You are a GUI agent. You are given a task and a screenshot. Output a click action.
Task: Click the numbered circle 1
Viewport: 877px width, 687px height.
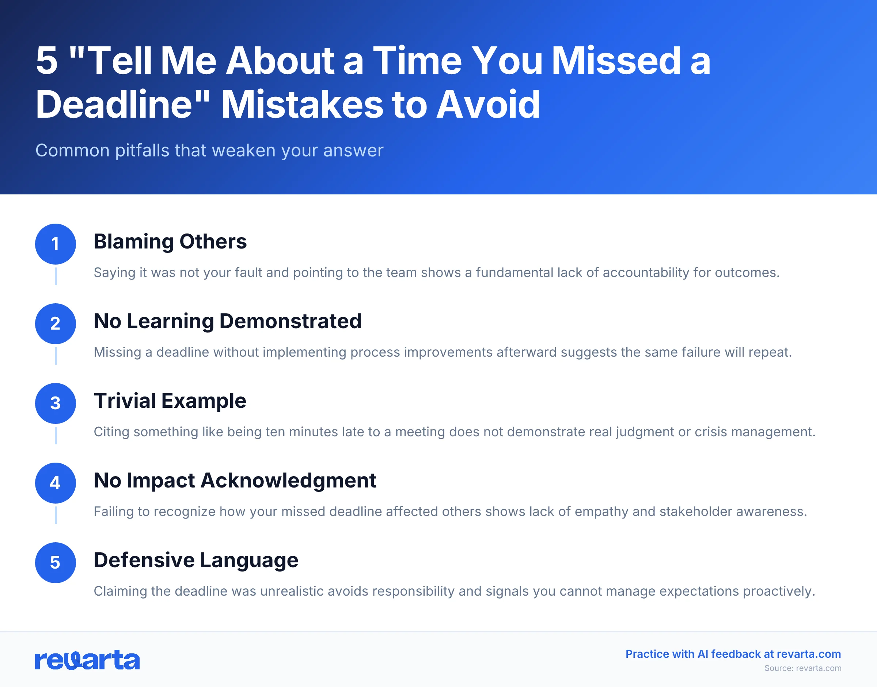point(56,244)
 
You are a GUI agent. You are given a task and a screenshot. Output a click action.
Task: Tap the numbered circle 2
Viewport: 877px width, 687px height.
point(56,323)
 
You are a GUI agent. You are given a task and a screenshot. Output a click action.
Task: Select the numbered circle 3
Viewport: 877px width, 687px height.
point(56,403)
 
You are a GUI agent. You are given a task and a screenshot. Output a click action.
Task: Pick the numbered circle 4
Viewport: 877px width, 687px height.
point(56,483)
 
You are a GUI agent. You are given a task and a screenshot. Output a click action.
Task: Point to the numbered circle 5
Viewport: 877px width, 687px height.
point(56,562)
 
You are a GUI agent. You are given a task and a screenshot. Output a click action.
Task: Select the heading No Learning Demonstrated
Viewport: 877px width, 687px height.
point(228,321)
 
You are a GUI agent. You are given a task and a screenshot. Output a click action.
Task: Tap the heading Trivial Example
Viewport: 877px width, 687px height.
point(170,401)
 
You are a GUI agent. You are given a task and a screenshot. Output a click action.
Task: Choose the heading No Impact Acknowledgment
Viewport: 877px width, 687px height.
point(235,480)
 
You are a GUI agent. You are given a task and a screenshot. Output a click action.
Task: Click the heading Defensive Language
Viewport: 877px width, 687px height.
point(196,560)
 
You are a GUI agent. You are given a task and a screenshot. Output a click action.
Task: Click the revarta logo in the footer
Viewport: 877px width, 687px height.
point(87,660)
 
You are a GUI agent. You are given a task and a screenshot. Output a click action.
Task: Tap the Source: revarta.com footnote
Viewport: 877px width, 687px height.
point(802,668)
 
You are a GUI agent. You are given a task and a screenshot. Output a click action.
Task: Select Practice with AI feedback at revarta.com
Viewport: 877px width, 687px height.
point(733,654)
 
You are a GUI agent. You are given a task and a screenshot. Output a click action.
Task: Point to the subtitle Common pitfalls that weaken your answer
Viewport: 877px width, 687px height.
point(209,151)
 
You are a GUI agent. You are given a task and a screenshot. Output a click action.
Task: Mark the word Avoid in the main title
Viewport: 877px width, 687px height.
point(488,105)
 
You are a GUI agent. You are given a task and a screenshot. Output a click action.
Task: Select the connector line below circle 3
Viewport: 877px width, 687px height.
point(56,436)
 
